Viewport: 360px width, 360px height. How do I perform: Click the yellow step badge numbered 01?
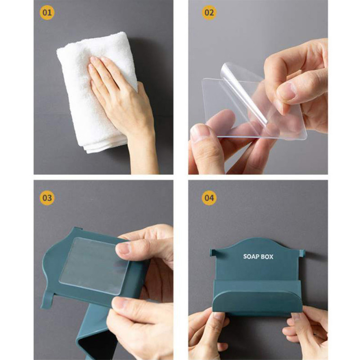point(47,13)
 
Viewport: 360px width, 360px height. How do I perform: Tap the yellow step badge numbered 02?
point(209,13)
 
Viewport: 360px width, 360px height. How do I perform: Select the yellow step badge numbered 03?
point(47,198)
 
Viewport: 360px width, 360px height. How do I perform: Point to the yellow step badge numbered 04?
point(209,198)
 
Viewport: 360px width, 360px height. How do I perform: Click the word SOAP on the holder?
point(251,256)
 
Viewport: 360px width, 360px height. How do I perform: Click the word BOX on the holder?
point(267,256)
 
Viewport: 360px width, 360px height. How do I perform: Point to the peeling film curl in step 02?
point(243,92)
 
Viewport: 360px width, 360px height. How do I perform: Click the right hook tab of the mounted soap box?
point(302,253)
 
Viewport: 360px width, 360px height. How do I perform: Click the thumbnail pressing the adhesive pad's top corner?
point(123,249)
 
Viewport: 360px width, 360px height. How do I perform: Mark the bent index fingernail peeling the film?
point(288,90)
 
